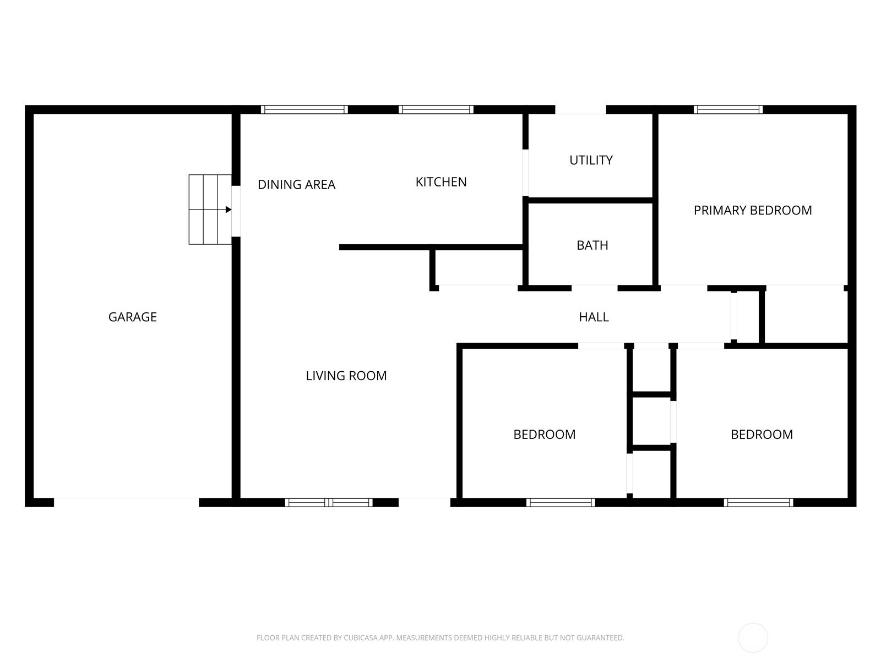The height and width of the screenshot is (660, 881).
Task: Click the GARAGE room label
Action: (x=133, y=317)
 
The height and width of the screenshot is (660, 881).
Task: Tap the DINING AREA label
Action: (x=296, y=184)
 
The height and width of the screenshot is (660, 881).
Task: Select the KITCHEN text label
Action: (x=440, y=182)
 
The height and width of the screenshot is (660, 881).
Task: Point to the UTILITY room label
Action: (x=591, y=160)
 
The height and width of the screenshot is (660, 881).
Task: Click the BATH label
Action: (x=592, y=245)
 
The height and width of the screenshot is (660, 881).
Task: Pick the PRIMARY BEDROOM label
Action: (x=753, y=211)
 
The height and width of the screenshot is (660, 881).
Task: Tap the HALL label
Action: (x=594, y=317)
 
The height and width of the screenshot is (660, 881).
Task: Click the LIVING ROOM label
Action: (x=346, y=376)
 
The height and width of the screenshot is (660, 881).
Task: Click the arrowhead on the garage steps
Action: (x=229, y=210)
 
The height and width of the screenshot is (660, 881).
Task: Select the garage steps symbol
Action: (x=210, y=210)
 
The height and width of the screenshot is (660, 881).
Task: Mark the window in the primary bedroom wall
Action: (x=728, y=109)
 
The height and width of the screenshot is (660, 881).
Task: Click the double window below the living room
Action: (x=329, y=503)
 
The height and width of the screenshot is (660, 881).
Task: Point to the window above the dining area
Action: (x=304, y=109)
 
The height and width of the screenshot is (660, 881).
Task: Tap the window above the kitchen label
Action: (x=436, y=109)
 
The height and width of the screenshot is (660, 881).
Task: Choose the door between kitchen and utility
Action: (x=525, y=173)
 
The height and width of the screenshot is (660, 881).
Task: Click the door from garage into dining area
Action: (x=236, y=211)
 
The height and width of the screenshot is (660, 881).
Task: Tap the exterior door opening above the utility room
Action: (x=580, y=109)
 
